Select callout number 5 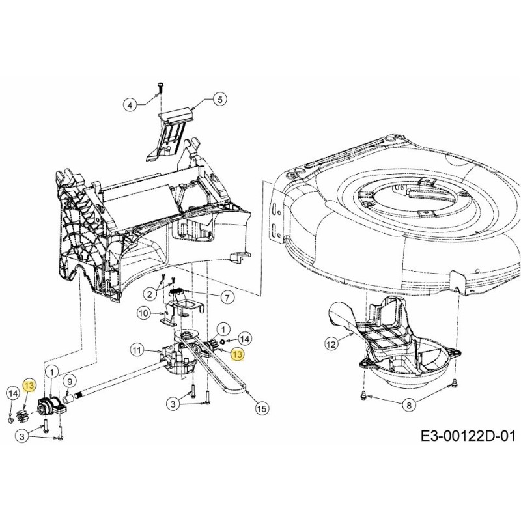tap(219, 100)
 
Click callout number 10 tap(144, 313)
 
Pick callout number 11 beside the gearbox tap(137, 350)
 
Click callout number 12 tap(331, 341)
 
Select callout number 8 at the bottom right tap(408, 405)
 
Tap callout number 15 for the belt tap(261, 408)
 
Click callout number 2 tap(150, 294)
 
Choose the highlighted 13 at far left tap(29, 386)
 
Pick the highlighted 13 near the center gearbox tap(237, 354)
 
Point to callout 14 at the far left tap(12, 393)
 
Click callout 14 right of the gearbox tap(244, 338)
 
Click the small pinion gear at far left tap(21, 415)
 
